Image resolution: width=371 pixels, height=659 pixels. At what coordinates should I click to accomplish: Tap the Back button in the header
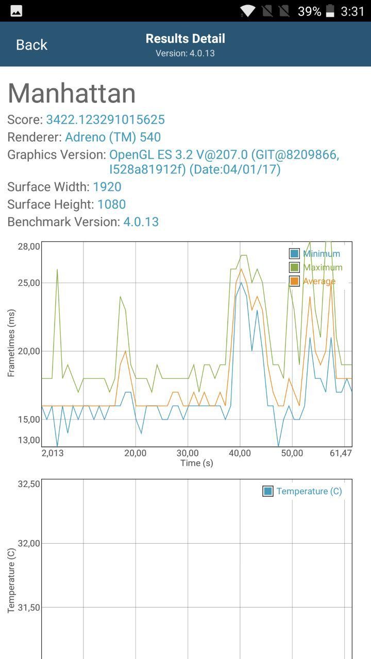31,45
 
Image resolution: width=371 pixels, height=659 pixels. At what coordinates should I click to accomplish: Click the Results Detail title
185,39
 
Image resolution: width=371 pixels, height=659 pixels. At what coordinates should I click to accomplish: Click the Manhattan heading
72,94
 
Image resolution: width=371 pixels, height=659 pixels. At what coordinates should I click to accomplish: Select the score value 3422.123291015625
105,120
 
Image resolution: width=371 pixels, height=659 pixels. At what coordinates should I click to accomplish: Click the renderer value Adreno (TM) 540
113,137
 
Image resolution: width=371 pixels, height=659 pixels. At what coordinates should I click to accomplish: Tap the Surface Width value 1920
107,187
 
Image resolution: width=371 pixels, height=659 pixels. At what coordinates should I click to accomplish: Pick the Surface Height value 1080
112,204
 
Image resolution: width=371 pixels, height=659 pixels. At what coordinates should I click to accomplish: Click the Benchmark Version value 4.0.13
141,222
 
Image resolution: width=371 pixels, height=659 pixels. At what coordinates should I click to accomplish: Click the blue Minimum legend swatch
294,254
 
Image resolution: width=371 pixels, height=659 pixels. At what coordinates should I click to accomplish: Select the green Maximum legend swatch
294,268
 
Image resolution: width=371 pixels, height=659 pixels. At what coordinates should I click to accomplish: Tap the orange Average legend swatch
294,282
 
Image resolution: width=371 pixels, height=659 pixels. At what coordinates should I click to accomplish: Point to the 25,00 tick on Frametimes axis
29,283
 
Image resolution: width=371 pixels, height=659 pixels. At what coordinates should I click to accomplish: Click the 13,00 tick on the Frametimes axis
29,440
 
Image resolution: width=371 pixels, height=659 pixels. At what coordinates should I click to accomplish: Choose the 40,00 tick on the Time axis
240,453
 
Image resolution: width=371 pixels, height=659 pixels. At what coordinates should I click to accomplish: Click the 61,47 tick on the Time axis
341,453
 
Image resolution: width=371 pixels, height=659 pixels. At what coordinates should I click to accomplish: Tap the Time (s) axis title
196,463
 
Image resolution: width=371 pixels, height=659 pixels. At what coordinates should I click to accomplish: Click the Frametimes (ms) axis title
11,343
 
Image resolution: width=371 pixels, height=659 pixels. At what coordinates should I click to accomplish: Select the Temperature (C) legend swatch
268,491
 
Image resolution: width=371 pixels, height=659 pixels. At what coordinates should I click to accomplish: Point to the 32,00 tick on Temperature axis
29,543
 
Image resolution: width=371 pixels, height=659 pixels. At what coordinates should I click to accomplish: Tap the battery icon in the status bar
330,11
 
